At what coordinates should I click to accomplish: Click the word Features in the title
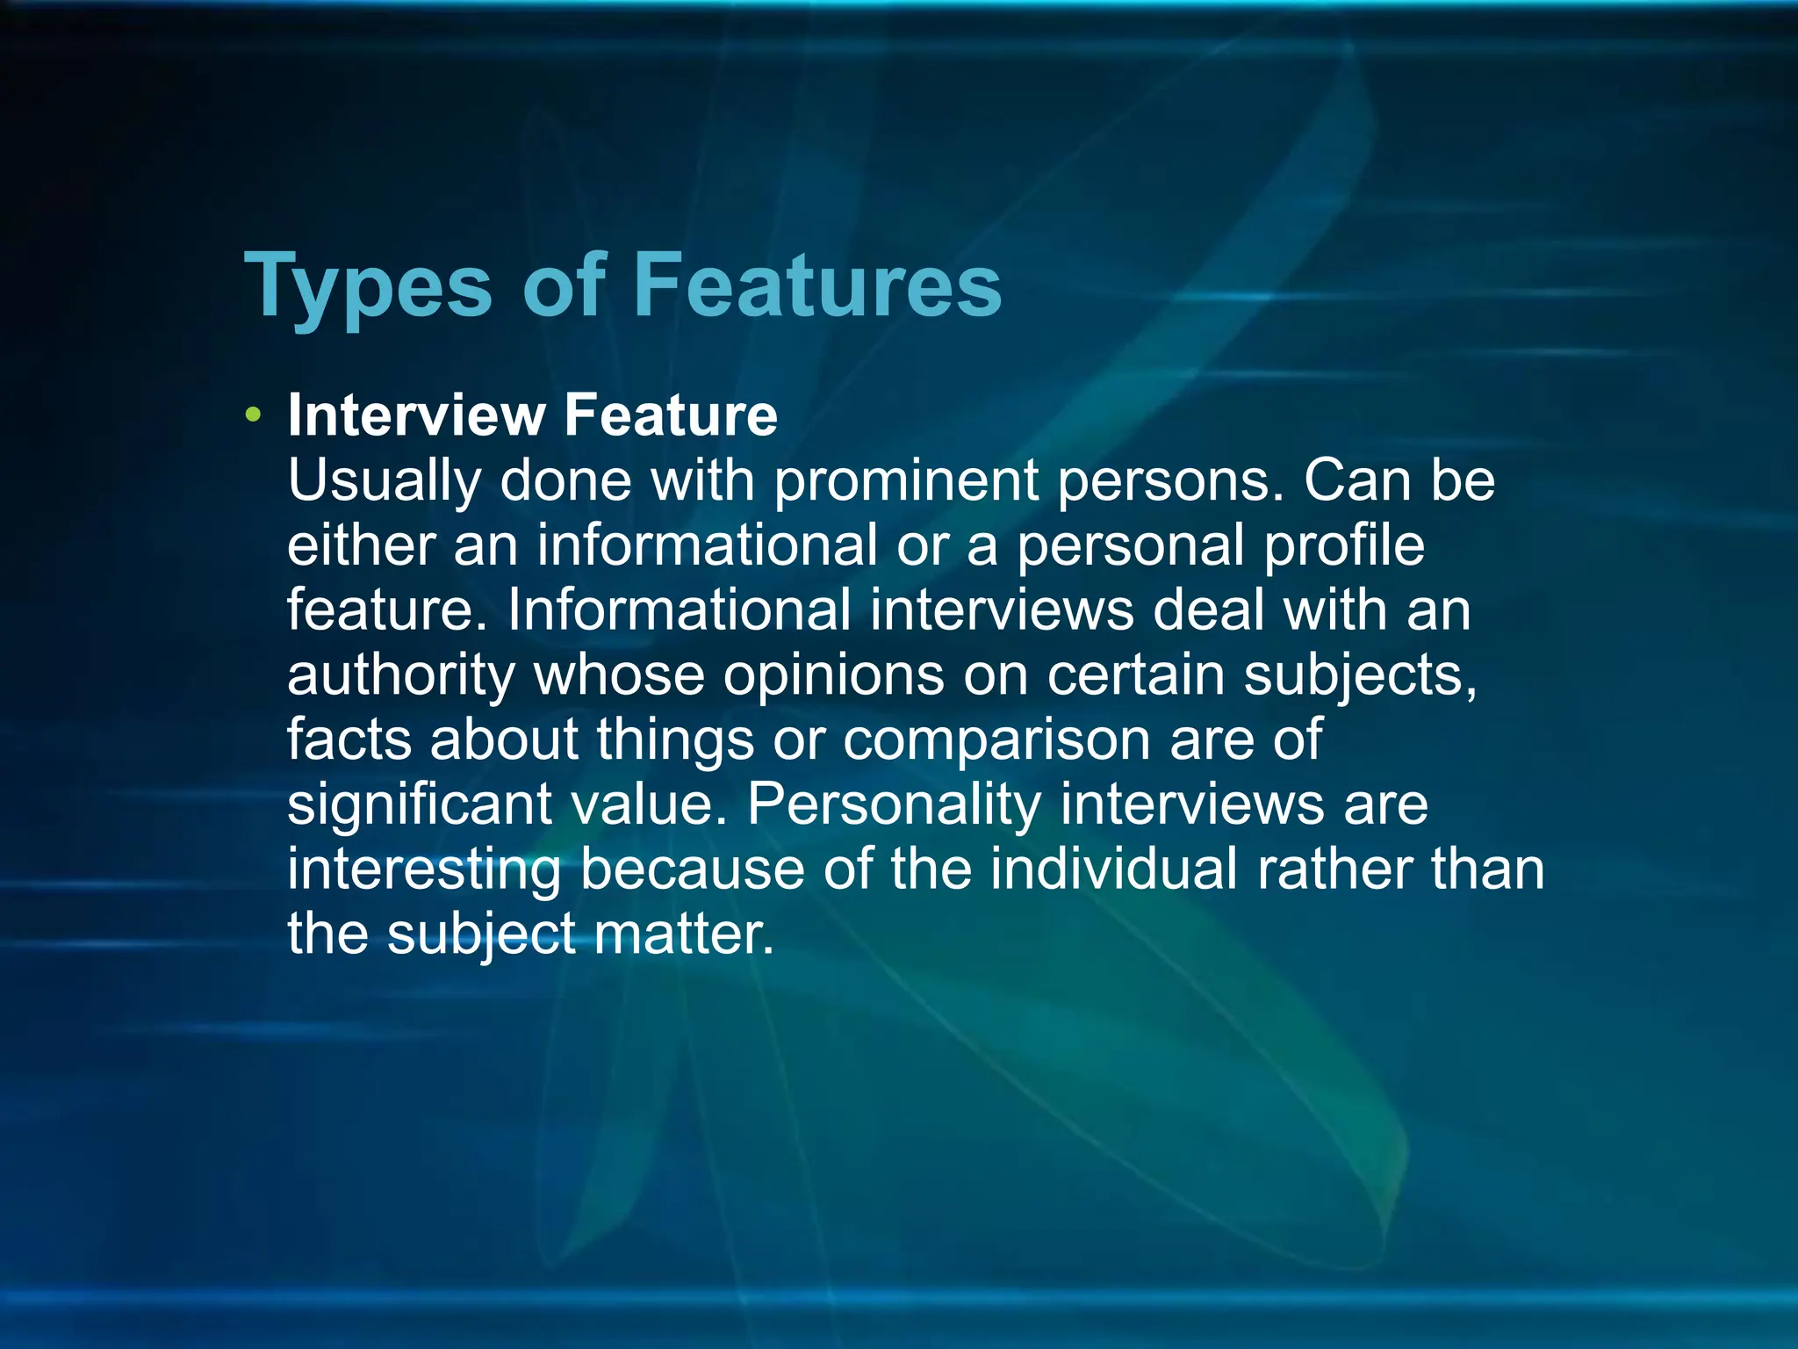coord(817,285)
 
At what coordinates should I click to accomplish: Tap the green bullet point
coord(254,415)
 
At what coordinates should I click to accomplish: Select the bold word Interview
coord(416,415)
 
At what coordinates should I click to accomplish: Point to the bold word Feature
coord(671,415)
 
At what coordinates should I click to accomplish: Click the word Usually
coord(385,481)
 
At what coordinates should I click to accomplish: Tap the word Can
coord(1357,480)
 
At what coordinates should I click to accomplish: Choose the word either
coord(361,545)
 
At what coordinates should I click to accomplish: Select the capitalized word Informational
coord(679,610)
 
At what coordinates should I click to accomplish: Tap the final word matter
coord(684,933)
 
